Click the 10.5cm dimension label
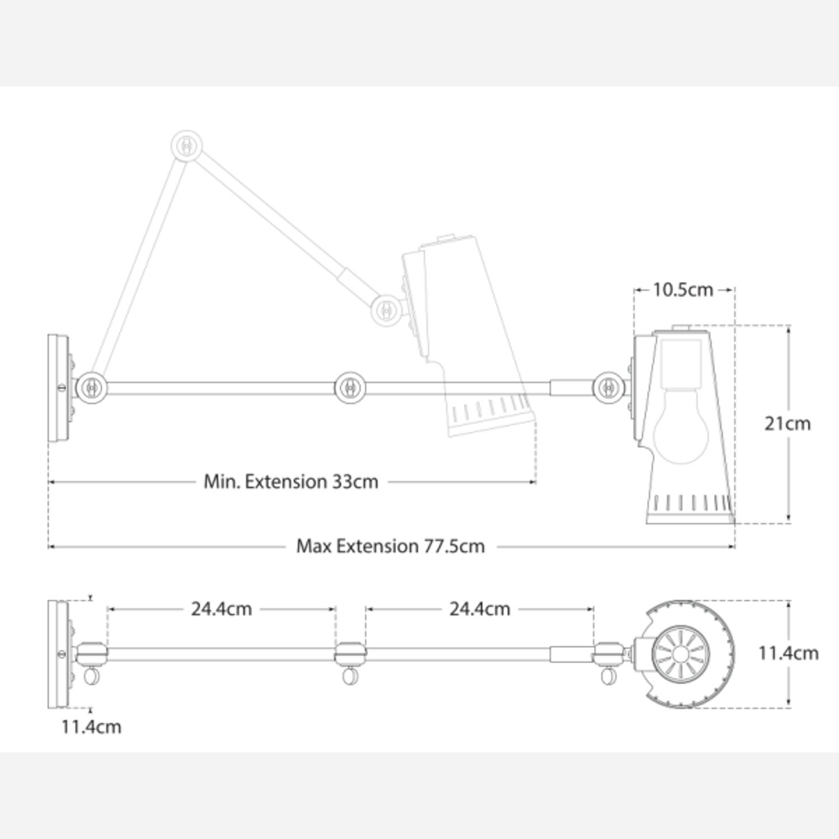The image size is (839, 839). (x=683, y=290)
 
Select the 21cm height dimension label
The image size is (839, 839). (x=788, y=423)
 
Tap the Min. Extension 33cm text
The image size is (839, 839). (x=291, y=482)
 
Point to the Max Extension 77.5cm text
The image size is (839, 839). (x=390, y=546)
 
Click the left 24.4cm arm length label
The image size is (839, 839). (x=221, y=609)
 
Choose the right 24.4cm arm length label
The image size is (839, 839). (x=480, y=609)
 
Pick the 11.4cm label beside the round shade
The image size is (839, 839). (x=789, y=653)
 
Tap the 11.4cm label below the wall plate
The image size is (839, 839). (x=91, y=727)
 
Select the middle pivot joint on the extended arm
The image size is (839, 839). (x=350, y=387)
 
